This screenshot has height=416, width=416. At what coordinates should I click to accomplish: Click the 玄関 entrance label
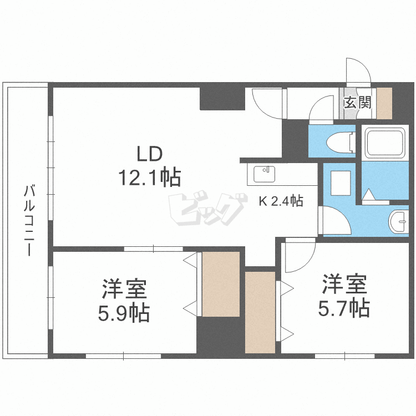coord(358,103)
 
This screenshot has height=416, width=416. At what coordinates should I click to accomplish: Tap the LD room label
coord(149,154)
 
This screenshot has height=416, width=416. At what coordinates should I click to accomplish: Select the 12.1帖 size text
coord(150,177)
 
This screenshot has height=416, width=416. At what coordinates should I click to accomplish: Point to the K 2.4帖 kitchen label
coord(281,201)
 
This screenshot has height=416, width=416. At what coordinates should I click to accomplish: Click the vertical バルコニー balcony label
coord(29,220)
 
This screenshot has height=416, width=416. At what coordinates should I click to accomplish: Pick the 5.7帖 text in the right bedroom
coord(344,308)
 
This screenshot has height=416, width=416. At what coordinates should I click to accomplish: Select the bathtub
coord(385,143)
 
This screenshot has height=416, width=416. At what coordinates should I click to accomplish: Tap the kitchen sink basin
coord(264,174)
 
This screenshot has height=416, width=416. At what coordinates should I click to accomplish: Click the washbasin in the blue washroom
coord(398,221)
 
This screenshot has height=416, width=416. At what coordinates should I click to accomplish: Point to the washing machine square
coord(341,183)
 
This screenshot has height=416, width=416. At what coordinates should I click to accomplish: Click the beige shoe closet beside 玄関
coord(384,104)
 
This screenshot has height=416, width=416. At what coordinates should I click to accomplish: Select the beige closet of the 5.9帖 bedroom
coord(221,284)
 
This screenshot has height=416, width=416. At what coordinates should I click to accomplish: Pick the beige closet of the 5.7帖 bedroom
coord(260,312)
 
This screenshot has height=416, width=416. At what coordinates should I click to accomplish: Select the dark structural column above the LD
coord(222,99)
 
